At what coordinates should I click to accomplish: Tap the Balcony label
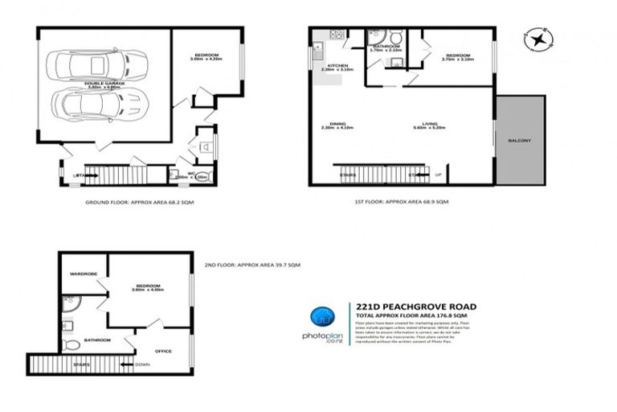(519, 141)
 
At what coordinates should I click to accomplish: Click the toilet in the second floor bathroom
(72, 344)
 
